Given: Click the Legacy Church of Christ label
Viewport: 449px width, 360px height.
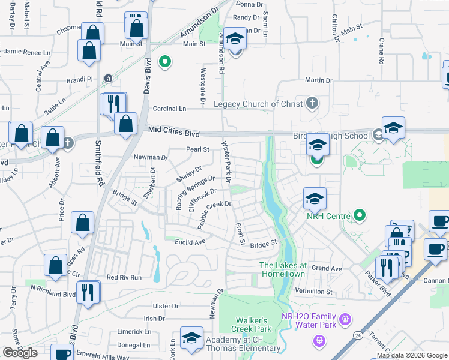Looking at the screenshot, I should (259, 104).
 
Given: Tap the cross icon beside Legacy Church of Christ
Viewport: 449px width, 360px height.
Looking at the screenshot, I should (312, 103).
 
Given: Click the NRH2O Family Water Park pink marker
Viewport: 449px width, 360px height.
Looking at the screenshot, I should (345, 318).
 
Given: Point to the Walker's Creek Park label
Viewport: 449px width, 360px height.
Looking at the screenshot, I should (253, 325).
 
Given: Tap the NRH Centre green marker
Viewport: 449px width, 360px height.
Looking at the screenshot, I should (360, 215).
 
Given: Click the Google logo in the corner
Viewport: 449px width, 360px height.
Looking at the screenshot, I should (20, 352).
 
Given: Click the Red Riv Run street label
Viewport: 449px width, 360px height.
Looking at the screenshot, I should (124, 277).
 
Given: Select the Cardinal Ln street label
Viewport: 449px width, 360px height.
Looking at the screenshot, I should (169, 109).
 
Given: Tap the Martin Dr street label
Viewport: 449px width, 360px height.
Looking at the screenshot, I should (318, 80).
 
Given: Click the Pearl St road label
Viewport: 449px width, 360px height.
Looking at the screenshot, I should (197, 149).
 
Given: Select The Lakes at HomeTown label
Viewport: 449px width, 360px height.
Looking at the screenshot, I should (283, 269).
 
